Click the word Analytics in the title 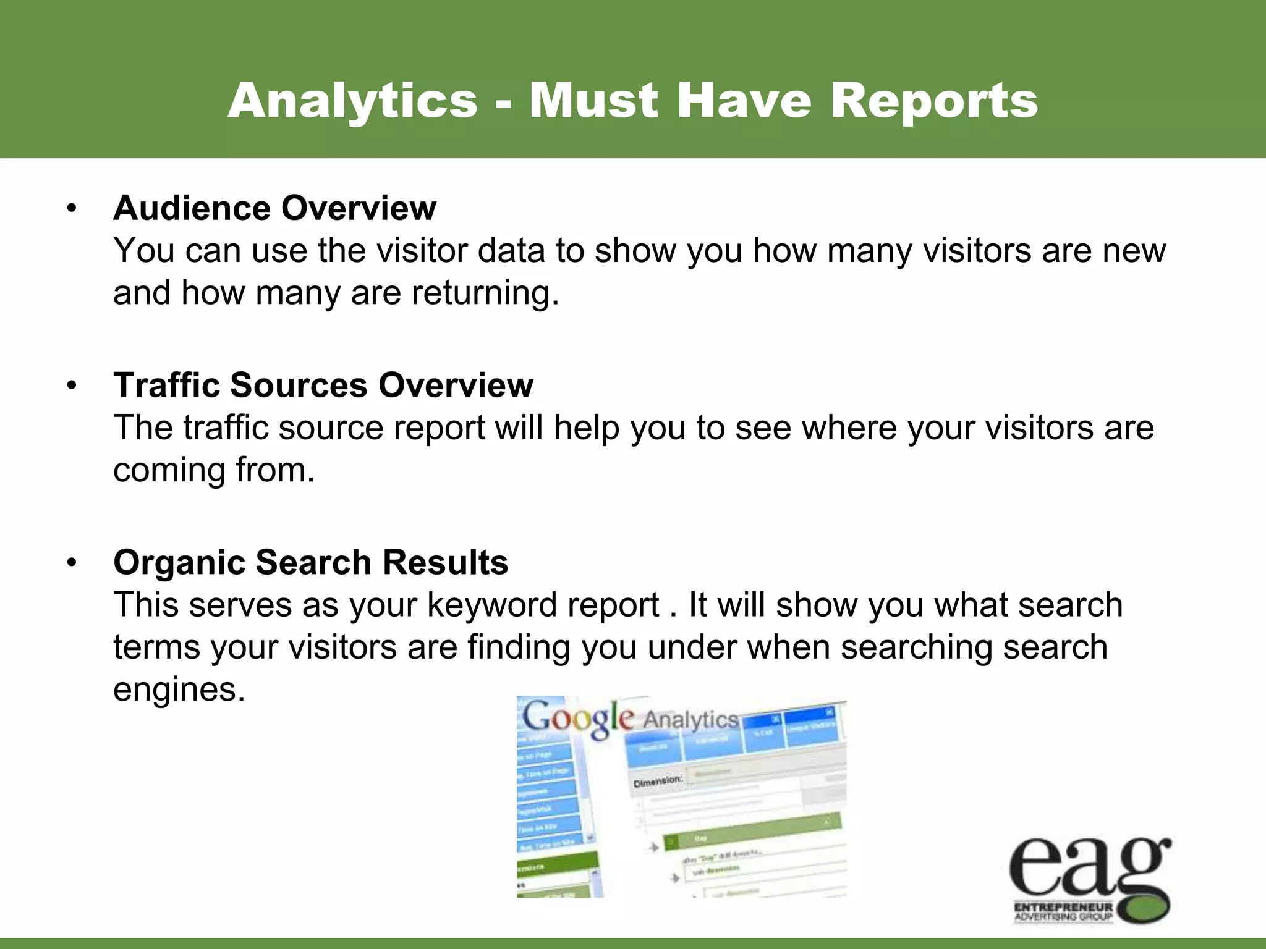pyautogui.click(x=353, y=100)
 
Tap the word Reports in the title pyautogui.click(x=933, y=100)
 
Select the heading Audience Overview pyautogui.click(x=274, y=208)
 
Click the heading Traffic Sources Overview pyautogui.click(x=323, y=385)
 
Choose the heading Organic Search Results pyautogui.click(x=310, y=562)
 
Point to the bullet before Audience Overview pyautogui.click(x=72, y=209)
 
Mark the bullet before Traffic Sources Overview pyautogui.click(x=72, y=386)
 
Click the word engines pyautogui.click(x=179, y=690)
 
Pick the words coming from pyautogui.click(x=214, y=470)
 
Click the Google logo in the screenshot pyautogui.click(x=578, y=719)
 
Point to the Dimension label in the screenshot pyautogui.click(x=658, y=782)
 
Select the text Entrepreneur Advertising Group pyautogui.click(x=1063, y=912)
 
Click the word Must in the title pyautogui.click(x=593, y=100)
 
